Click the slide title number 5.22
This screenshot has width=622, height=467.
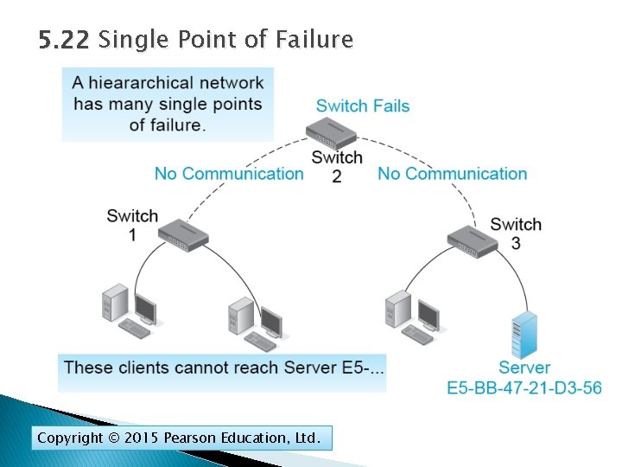[65, 40]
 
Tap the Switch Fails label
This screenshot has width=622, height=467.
[363, 106]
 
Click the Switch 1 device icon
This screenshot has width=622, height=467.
[184, 232]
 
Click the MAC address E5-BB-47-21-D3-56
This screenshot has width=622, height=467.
[524, 387]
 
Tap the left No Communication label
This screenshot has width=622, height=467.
[229, 174]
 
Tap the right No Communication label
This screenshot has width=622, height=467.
[452, 174]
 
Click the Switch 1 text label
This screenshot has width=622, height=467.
[132, 224]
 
